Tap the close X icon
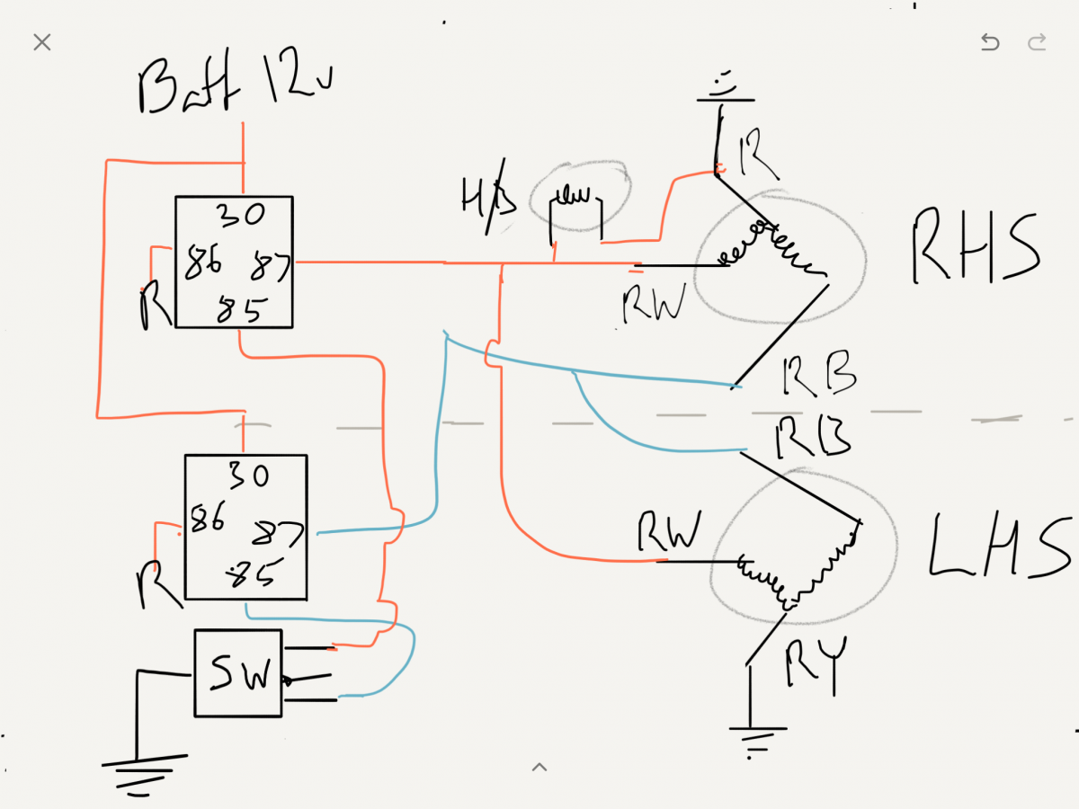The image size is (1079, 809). pyautogui.click(x=41, y=42)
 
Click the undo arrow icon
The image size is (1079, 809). pyautogui.click(x=989, y=42)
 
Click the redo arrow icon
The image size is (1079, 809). pyautogui.click(x=1037, y=42)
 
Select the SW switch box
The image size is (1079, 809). pyautogui.click(x=239, y=673)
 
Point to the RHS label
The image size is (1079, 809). pyautogui.click(x=976, y=247)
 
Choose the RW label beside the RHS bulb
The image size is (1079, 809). pyautogui.click(x=654, y=303)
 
